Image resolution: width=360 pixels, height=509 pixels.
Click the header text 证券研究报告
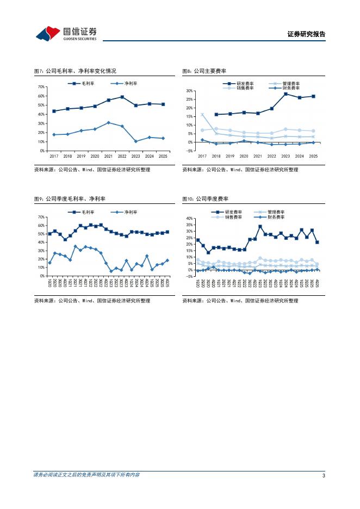tap(306, 34)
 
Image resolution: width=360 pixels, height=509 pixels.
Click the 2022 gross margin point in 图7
tap(122, 97)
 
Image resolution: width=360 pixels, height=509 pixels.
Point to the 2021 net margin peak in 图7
tap(109, 122)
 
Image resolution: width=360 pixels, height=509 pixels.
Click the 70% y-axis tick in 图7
tap(41, 87)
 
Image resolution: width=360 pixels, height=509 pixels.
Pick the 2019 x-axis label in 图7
tap(81, 156)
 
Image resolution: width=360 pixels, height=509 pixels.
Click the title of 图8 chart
tap(204, 71)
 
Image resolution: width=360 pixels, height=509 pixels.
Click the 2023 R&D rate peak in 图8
tap(285, 94)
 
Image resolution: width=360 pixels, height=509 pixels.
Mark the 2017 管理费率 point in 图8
tap(202, 115)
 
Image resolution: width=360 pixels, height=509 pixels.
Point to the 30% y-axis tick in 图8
tap(190, 91)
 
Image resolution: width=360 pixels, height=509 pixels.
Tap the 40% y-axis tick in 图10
tap(190, 218)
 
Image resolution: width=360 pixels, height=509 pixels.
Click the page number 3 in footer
tap(324, 476)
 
